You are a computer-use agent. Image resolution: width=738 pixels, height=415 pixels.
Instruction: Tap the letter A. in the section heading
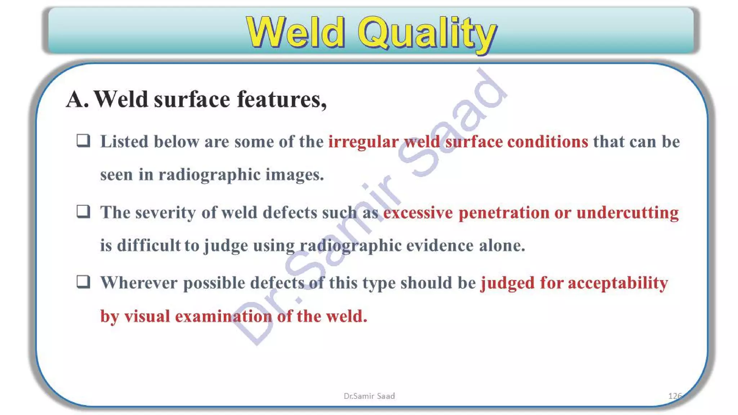click(77, 99)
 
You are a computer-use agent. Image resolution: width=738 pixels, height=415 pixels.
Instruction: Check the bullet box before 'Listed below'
click(83, 140)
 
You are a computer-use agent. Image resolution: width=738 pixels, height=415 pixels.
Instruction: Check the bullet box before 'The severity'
click(83, 211)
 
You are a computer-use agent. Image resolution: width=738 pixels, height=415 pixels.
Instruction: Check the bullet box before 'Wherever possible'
click(83, 282)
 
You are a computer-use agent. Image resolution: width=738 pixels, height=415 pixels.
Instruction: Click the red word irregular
click(363, 142)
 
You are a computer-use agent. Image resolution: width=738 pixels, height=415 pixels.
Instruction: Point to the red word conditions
click(547, 142)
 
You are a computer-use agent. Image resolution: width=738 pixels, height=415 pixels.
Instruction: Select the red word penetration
click(503, 213)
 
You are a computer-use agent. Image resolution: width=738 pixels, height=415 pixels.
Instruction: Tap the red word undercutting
click(627, 213)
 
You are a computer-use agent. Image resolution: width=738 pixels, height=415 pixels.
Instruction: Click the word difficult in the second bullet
click(148, 246)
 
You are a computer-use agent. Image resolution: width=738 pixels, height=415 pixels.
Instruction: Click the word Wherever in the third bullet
click(139, 283)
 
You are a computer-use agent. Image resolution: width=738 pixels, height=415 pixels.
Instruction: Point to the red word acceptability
click(618, 283)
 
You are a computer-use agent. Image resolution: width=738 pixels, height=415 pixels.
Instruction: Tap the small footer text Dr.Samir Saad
click(369, 396)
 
